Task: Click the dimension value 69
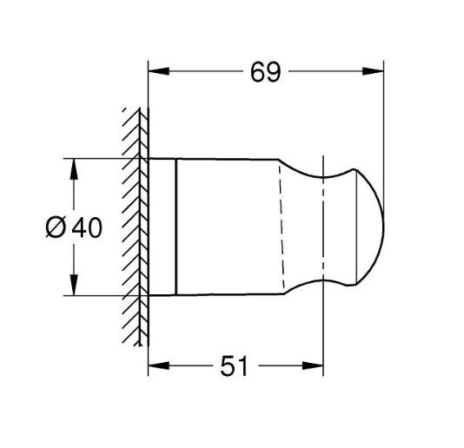click(267, 72)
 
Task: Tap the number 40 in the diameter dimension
click(86, 227)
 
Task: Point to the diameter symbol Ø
click(54, 227)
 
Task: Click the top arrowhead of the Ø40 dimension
click(72, 166)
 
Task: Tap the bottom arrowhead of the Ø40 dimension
click(72, 289)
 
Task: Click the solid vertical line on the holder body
click(176, 227)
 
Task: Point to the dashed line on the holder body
click(281, 227)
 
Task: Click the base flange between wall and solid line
click(162, 227)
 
